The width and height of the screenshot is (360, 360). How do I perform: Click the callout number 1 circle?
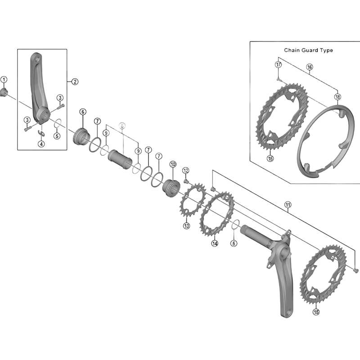click(4, 80)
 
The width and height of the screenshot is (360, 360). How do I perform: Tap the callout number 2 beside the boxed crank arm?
click(75, 81)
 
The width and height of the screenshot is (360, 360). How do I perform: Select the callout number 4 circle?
click(41, 144)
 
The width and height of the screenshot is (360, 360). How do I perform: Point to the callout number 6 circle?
click(83, 112)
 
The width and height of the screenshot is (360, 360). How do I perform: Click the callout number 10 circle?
click(173, 165)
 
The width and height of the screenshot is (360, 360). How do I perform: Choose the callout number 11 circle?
click(288, 206)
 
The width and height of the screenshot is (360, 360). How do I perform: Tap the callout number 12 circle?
click(186, 171)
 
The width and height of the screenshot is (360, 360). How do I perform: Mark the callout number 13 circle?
click(186, 225)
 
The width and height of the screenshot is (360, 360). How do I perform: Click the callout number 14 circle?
click(214, 243)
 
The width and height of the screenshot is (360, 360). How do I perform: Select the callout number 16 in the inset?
click(310, 67)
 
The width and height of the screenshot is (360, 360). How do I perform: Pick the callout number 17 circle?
click(279, 64)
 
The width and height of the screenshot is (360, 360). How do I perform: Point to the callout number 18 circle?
click(337, 96)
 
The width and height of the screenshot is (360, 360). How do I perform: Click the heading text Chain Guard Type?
click(308, 50)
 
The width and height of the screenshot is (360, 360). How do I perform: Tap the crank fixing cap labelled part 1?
click(4, 93)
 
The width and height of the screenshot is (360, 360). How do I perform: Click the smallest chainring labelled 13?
click(189, 205)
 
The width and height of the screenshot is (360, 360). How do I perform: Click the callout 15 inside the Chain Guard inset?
click(270, 158)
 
